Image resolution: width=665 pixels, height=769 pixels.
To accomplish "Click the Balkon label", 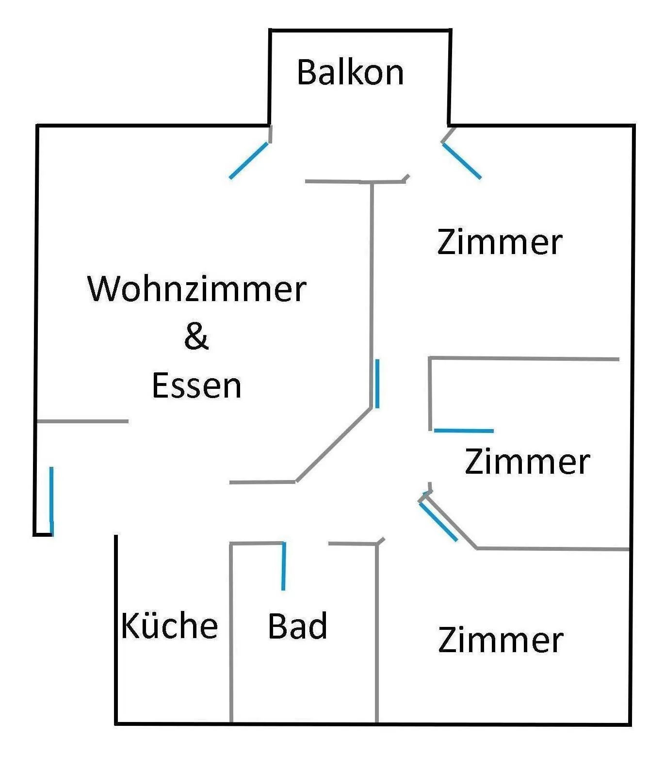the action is tap(350, 72).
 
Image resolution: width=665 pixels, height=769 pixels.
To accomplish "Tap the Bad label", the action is tap(297, 625).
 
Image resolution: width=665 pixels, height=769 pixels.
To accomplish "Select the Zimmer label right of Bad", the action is tap(501, 640).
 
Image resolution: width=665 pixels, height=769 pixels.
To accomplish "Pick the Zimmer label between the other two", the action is tap(527, 461).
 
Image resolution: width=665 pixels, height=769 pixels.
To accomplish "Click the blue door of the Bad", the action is tap(284, 566).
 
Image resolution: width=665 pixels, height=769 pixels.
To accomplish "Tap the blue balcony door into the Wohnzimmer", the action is tap(248, 160).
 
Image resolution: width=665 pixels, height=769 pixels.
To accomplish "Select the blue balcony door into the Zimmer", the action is tap(461, 160).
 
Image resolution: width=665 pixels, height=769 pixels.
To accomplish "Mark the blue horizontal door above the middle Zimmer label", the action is tap(464, 431).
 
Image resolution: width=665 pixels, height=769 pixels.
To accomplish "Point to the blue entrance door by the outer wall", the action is tap(51, 501).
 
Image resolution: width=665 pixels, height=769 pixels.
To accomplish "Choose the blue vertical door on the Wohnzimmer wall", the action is tap(377, 384).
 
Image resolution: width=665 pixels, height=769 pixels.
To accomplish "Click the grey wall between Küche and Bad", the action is tap(231, 633).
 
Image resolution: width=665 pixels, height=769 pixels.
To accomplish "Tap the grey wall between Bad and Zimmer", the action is tap(377, 633).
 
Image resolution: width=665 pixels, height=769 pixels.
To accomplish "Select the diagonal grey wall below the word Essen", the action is tap(334, 445).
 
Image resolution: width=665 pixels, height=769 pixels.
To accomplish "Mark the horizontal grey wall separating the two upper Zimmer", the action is tap(524, 359).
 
